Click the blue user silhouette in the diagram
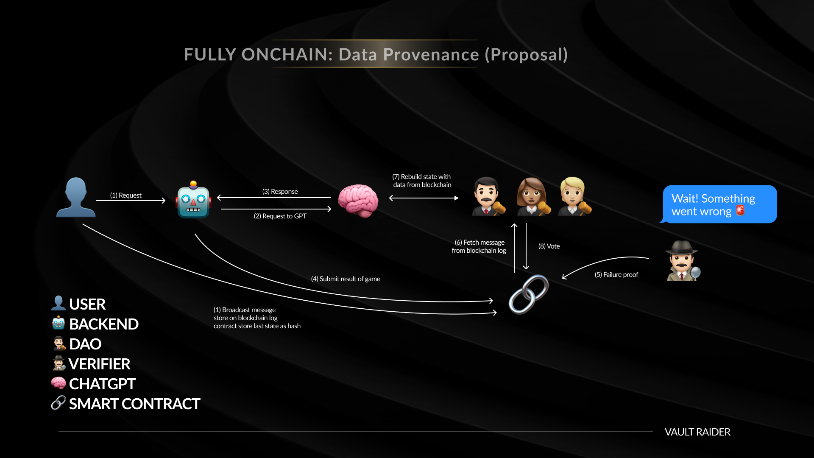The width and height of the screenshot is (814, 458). pyautogui.click(x=76, y=198)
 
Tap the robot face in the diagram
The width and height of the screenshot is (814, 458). pyautogui.click(x=193, y=200)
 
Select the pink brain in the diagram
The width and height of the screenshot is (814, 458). pyautogui.click(x=358, y=201)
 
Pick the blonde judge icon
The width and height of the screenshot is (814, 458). pyautogui.click(x=574, y=197)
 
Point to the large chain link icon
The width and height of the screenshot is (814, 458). pyautogui.click(x=529, y=294)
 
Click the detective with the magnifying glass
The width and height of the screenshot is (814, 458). pyautogui.click(x=683, y=261)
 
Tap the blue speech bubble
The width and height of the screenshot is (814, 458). pyautogui.click(x=719, y=204)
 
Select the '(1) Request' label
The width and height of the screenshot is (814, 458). pyautogui.click(x=126, y=195)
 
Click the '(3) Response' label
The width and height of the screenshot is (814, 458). pyautogui.click(x=280, y=192)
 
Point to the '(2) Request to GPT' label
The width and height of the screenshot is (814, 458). pyautogui.click(x=280, y=216)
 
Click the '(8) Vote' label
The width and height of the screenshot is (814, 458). pyautogui.click(x=549, y=246)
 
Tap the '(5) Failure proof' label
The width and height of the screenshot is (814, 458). pyautogui.click(x=616, y=275)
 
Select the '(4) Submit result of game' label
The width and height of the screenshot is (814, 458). pyautogui.click(x=346, y=279)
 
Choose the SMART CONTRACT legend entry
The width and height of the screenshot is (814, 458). pyautogui.click(x=125, y=404)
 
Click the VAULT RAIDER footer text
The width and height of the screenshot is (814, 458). pyautogui.click(x=697, y=432)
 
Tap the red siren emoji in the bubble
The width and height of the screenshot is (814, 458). pyautogui.click(x=740, y=210)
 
